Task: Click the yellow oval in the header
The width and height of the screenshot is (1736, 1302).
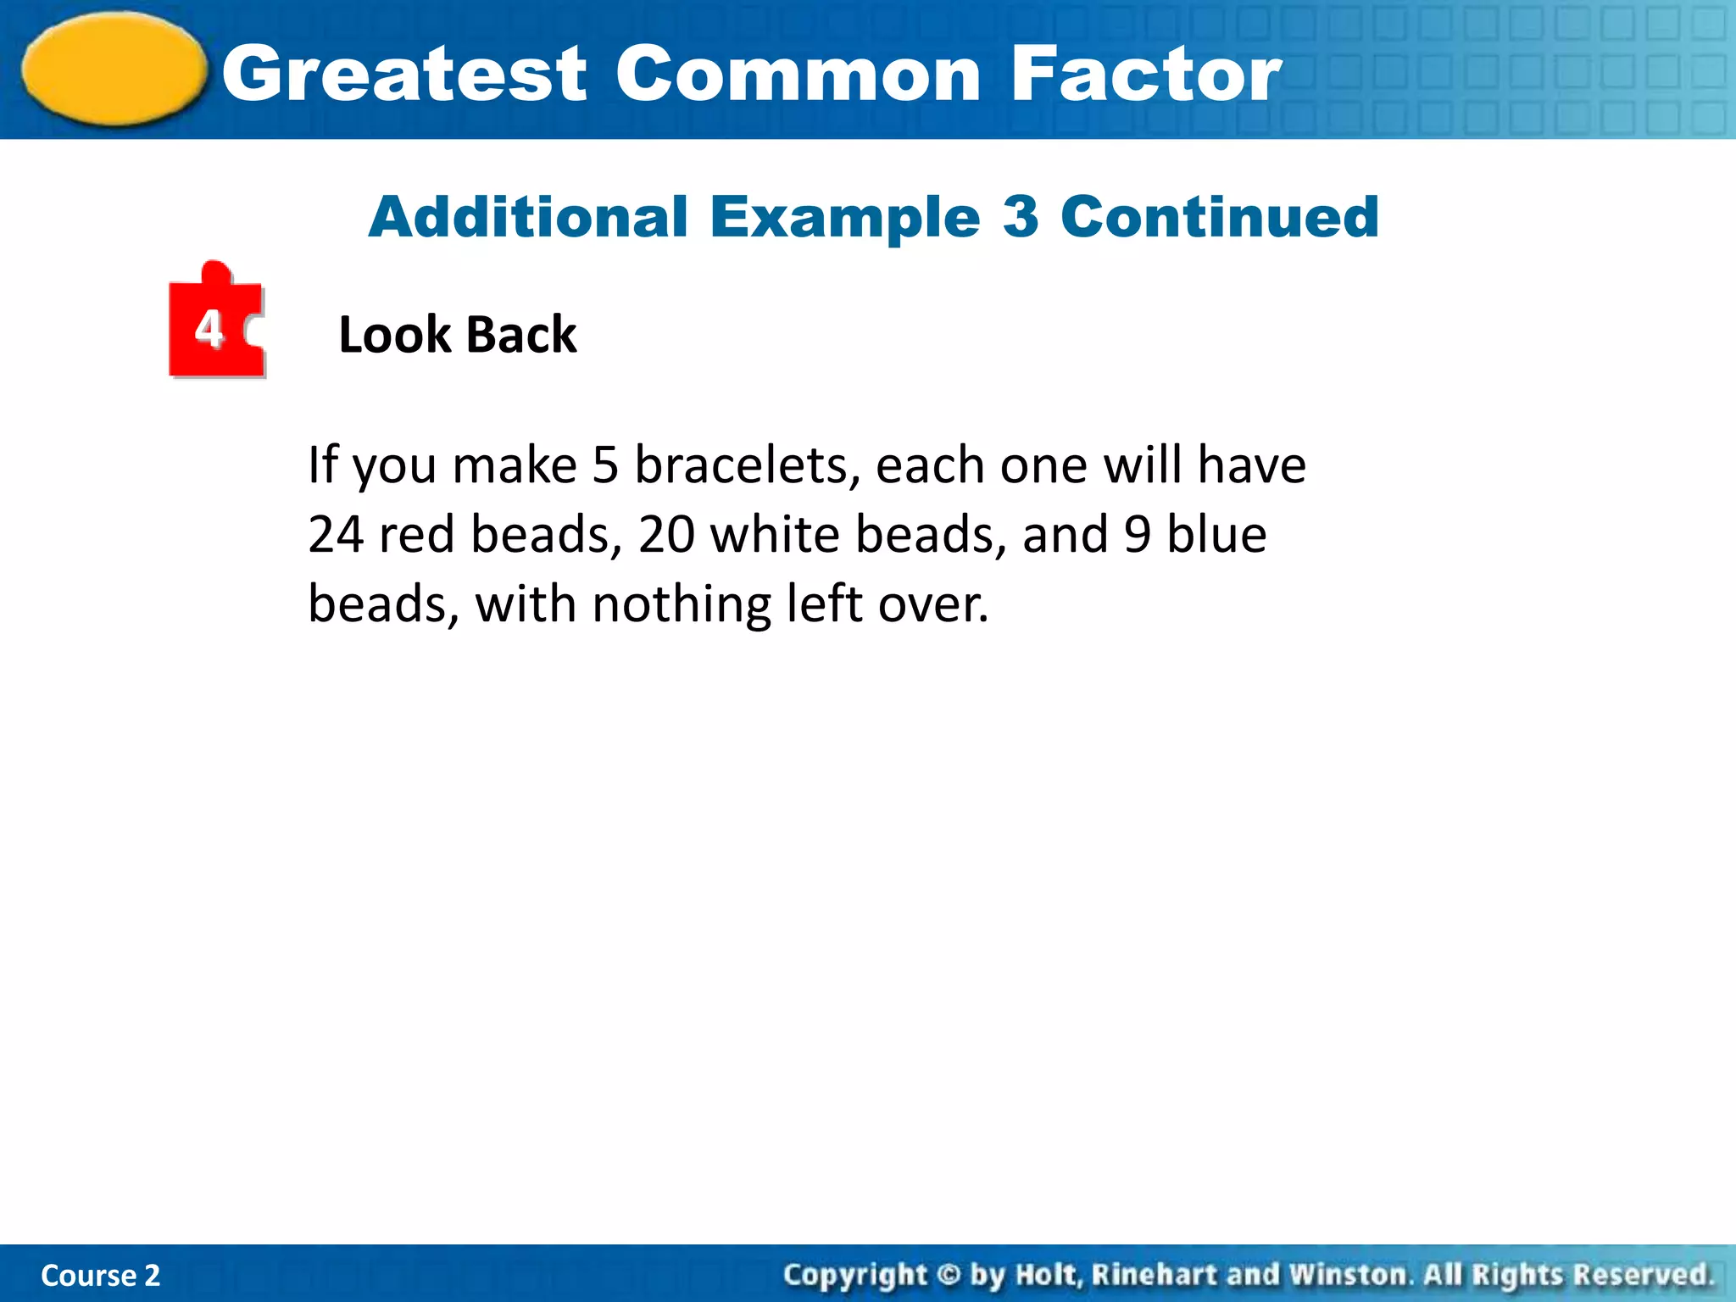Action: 114,70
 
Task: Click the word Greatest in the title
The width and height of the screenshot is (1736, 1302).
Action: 404,75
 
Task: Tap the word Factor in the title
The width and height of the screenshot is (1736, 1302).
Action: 1146,75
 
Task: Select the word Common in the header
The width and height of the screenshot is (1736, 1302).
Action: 798,75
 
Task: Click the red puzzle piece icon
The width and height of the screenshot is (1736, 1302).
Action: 216,322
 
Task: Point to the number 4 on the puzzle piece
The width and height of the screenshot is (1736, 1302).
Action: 209,329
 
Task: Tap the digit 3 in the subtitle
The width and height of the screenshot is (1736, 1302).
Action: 1021,217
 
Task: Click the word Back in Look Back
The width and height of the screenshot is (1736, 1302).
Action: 521,335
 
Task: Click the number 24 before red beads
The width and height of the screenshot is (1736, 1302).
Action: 336,536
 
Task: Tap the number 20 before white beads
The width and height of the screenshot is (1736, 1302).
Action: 666,536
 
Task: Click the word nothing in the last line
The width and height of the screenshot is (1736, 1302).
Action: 682,605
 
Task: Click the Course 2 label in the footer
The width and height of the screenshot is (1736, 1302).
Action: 100,1276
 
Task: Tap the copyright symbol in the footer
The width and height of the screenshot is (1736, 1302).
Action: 949,1275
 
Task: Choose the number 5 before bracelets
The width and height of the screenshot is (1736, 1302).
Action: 605,466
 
